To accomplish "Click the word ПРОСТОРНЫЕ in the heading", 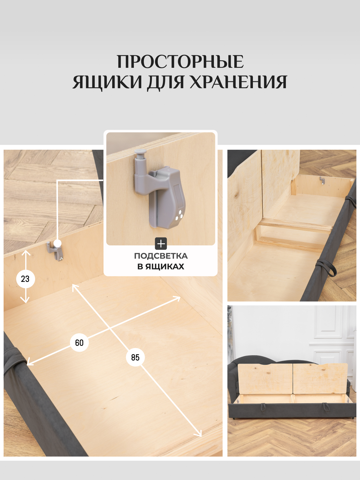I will (180, 62).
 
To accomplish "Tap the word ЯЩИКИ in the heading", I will (107, 82).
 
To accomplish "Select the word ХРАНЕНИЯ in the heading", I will (238, 82).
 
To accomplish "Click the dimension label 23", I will (25, 279).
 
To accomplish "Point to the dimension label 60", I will (79, 343).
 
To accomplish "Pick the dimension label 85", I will (135, 357).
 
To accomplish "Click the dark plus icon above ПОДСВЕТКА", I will (161, 244).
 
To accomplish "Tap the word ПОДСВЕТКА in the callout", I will (161, 256).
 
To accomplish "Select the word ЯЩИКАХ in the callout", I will (165, 266).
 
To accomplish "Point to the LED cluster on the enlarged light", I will (179, 216).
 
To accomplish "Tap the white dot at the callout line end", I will (58, 243).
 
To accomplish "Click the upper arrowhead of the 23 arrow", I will (26, 253).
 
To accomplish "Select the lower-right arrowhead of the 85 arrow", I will (199, 434).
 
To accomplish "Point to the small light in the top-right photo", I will (322, 181).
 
